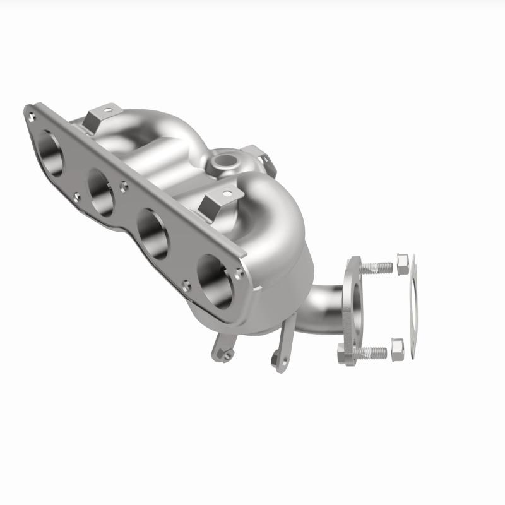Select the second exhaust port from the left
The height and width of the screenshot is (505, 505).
tap(102, 191)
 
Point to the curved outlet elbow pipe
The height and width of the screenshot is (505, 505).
tap(319, 309)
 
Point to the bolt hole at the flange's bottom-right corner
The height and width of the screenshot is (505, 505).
tap(237, 273)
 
